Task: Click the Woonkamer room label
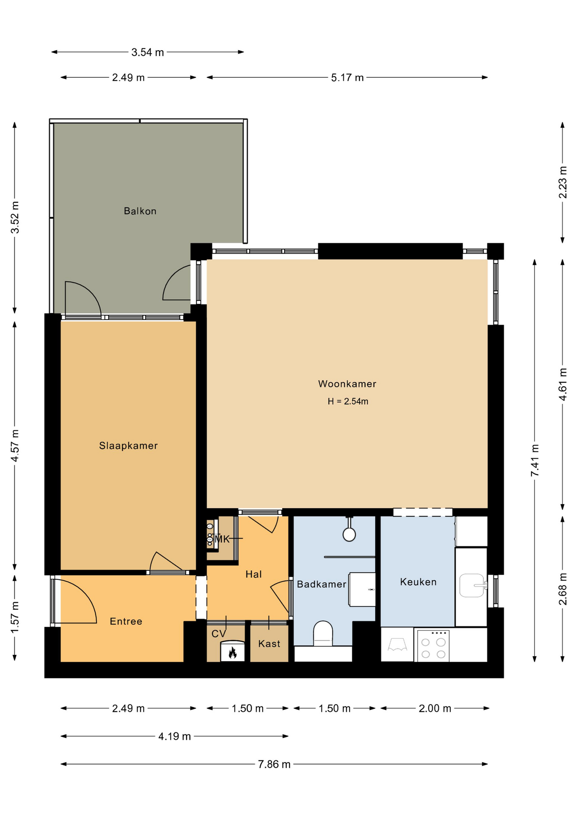pyautogui.click(x=347, y=384)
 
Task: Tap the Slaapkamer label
pyautogui.click(x=128, y=445)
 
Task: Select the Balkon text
pyautogui.click(x=140, y=211)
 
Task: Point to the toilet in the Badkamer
pyautogui.click(x=323, y=633)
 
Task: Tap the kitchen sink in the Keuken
pyautogui.click(x=473, y=585)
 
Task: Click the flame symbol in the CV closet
pyautogui.click(x=232, y=652)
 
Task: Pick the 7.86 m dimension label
pyautogui.click(x=274, y=764)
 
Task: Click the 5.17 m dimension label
pyautogui.click(x=347, y=77)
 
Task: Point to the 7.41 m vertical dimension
pyautogui.click(x=535, y=460)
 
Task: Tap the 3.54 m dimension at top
pyautogui.click(x=147, y=52)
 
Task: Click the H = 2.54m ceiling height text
pyautogui.click(x=348, y=401)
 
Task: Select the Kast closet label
pyautogui.click(x=269, y=643)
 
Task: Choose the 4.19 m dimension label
pyautogui.click(x=175, y=736)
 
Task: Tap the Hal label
pyautogui.click(x=254, y=574)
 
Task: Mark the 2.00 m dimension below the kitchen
pyautogui.click(x=435, y=708)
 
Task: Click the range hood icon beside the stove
pyautogui.click(x=397, y=645)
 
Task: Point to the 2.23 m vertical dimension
pyautogui.click(x=563, y=182)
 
